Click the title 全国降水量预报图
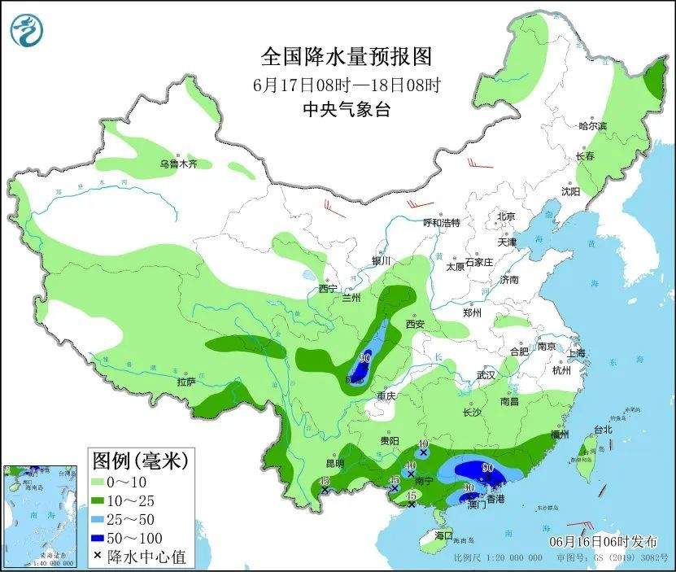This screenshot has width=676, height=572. tap(346, 56)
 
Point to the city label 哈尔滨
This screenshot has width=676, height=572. tap(593, 126)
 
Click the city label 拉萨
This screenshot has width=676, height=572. tap(185, 382)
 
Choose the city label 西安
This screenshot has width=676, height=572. tap(415, 324)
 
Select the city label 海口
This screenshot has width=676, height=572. tap(443, 535)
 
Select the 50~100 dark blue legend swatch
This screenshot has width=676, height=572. tap(107, 538)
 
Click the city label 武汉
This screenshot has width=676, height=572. tap(486, 376)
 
